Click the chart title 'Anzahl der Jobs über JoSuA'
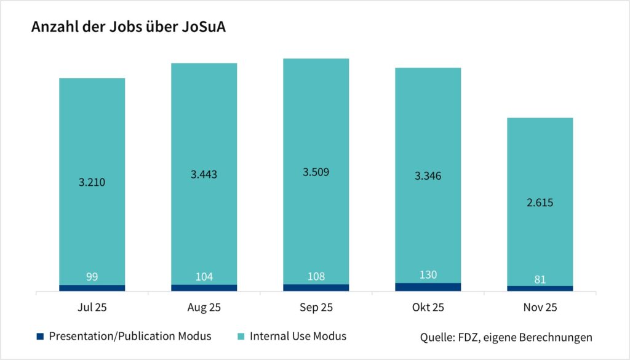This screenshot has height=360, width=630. (128, 28)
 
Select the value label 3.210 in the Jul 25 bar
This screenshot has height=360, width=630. (92, 183)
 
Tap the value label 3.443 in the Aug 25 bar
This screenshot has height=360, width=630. (204, 174)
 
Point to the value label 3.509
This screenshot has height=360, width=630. (316, 172)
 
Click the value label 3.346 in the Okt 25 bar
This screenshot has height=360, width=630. (428, 177)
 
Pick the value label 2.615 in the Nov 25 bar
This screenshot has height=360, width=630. (540, 202)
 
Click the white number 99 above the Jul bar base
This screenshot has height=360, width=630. (92, 277)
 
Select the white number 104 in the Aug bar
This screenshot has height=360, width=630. (204, 277)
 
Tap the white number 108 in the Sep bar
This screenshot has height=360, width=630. (316, 277)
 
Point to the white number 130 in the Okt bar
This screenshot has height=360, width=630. (428, 274)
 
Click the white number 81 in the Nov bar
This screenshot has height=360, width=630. (540, 279)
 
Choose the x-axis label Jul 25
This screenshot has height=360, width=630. (92, 307)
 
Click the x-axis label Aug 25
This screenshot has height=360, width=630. (204, 307)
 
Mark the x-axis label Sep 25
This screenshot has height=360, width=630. (316, 307)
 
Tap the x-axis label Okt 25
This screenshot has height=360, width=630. (428, 307)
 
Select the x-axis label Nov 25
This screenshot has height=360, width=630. (540, 307)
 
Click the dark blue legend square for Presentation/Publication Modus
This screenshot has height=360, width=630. (40, 336)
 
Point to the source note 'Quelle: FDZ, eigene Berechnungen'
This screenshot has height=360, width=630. (506, 337)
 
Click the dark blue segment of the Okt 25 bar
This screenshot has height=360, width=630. (428, 287)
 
